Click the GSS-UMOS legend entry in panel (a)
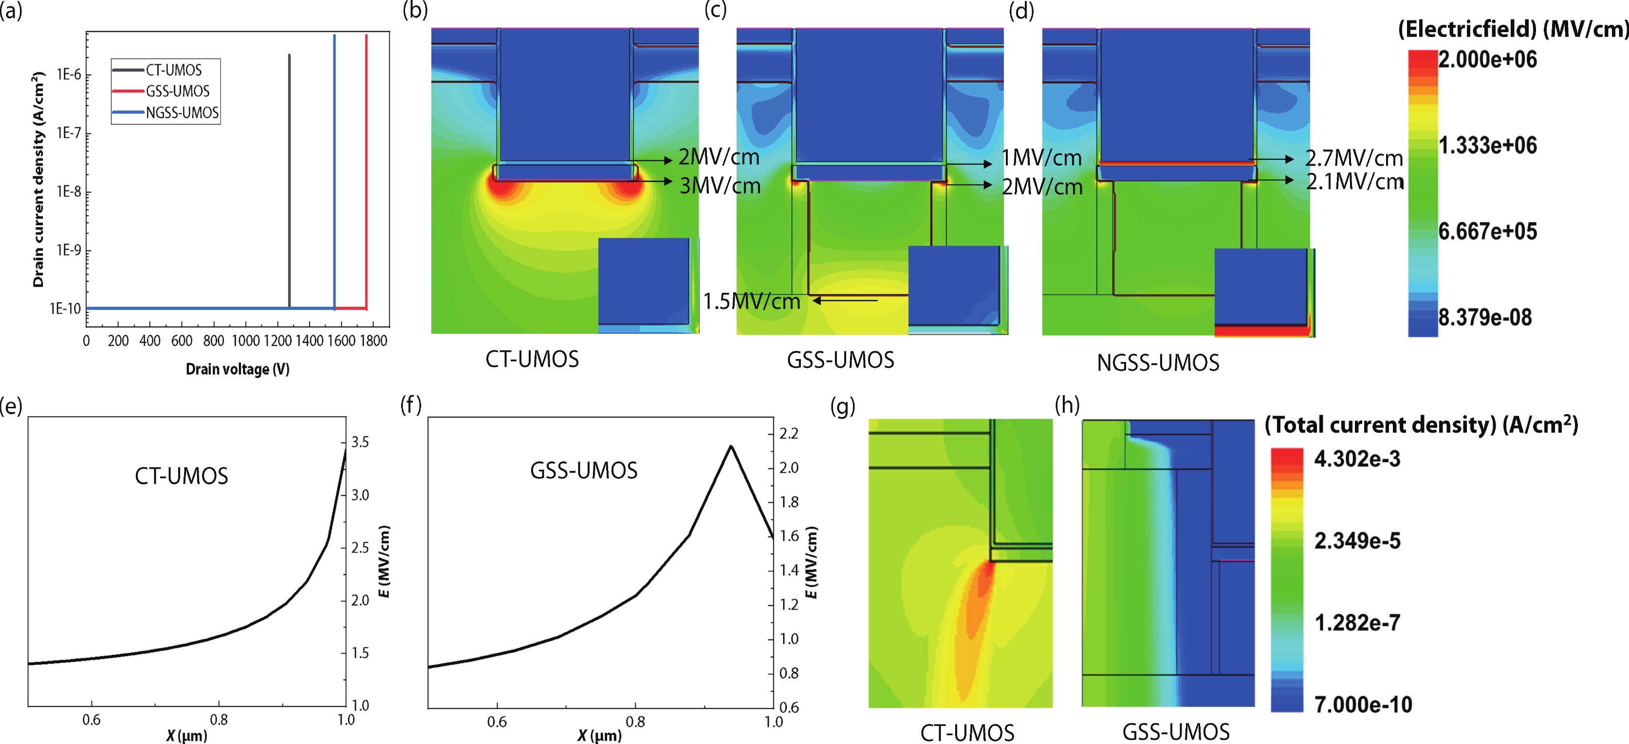178,91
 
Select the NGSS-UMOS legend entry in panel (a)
182,113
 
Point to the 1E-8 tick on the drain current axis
69,191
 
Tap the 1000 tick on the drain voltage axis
245,341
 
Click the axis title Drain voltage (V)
237,369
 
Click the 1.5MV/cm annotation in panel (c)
752,301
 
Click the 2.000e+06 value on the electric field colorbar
1487,59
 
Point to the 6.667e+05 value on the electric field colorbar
1487,231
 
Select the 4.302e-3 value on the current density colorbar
1357,458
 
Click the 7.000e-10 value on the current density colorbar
1363,704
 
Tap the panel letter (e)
11,405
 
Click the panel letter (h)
1068,404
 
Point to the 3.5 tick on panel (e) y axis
360,442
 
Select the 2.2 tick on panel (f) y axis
789,433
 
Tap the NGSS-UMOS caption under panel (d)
1157,362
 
